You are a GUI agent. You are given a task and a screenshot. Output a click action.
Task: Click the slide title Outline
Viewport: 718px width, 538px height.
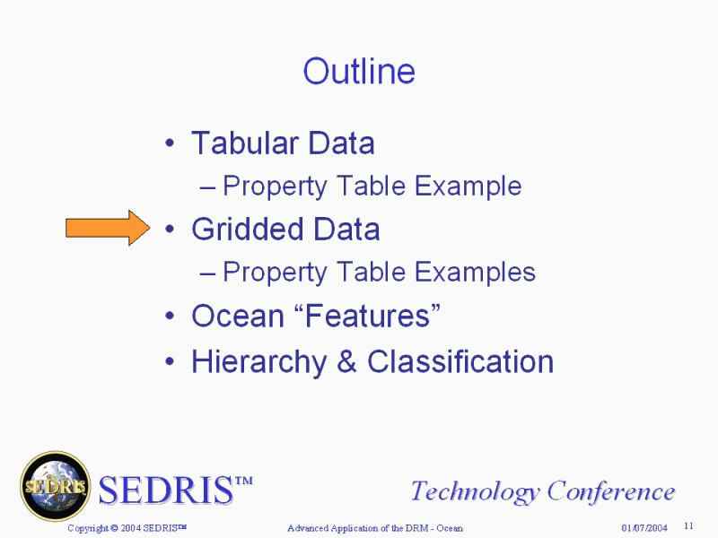359,72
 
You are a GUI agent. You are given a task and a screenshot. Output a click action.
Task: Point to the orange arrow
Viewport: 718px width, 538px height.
108,228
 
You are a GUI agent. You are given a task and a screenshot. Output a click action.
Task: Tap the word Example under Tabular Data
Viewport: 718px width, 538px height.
468,187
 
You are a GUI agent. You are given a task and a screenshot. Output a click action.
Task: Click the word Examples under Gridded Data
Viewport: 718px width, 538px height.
475,273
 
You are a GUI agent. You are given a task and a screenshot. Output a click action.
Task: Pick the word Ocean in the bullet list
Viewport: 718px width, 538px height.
238,316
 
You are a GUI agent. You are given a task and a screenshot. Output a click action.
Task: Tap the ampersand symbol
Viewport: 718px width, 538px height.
346,361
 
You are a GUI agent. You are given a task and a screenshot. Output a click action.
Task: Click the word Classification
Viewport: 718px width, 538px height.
460,361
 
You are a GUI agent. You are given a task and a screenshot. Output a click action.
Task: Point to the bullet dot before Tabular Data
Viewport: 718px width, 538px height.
170,143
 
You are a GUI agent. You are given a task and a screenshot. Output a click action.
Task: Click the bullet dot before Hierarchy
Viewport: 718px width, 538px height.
170,361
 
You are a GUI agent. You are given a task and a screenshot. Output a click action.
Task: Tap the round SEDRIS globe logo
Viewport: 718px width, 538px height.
56,486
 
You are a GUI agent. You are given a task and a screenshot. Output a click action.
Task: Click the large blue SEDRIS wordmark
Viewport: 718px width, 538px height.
175,490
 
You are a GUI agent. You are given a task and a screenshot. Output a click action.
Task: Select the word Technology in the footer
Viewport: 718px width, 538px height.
476,491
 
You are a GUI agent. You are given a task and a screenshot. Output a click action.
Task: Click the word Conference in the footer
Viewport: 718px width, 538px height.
611,490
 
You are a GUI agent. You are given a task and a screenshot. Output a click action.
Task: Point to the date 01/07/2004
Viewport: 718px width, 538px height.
644,528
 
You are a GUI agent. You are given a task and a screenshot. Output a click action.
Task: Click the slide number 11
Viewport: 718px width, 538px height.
688,526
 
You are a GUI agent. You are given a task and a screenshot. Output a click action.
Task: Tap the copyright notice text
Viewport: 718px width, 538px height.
127,528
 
